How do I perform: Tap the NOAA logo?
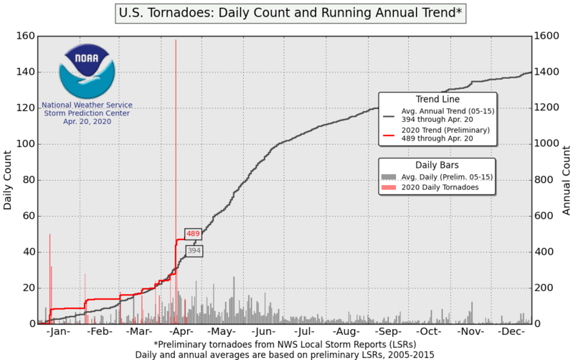pos(85,71)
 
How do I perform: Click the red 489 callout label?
pos(193,234)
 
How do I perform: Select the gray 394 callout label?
pos(194,251)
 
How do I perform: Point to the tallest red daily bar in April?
pos(176,143)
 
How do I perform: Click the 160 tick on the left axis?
pos(26,36)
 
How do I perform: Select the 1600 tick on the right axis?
pos(549,36)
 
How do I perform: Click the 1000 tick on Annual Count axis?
pos(549,144)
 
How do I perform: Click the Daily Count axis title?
pos(8,180)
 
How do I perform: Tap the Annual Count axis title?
pos(567,180)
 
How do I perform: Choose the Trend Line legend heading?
pos(438,99)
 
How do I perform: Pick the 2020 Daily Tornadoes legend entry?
pos(439,187)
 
